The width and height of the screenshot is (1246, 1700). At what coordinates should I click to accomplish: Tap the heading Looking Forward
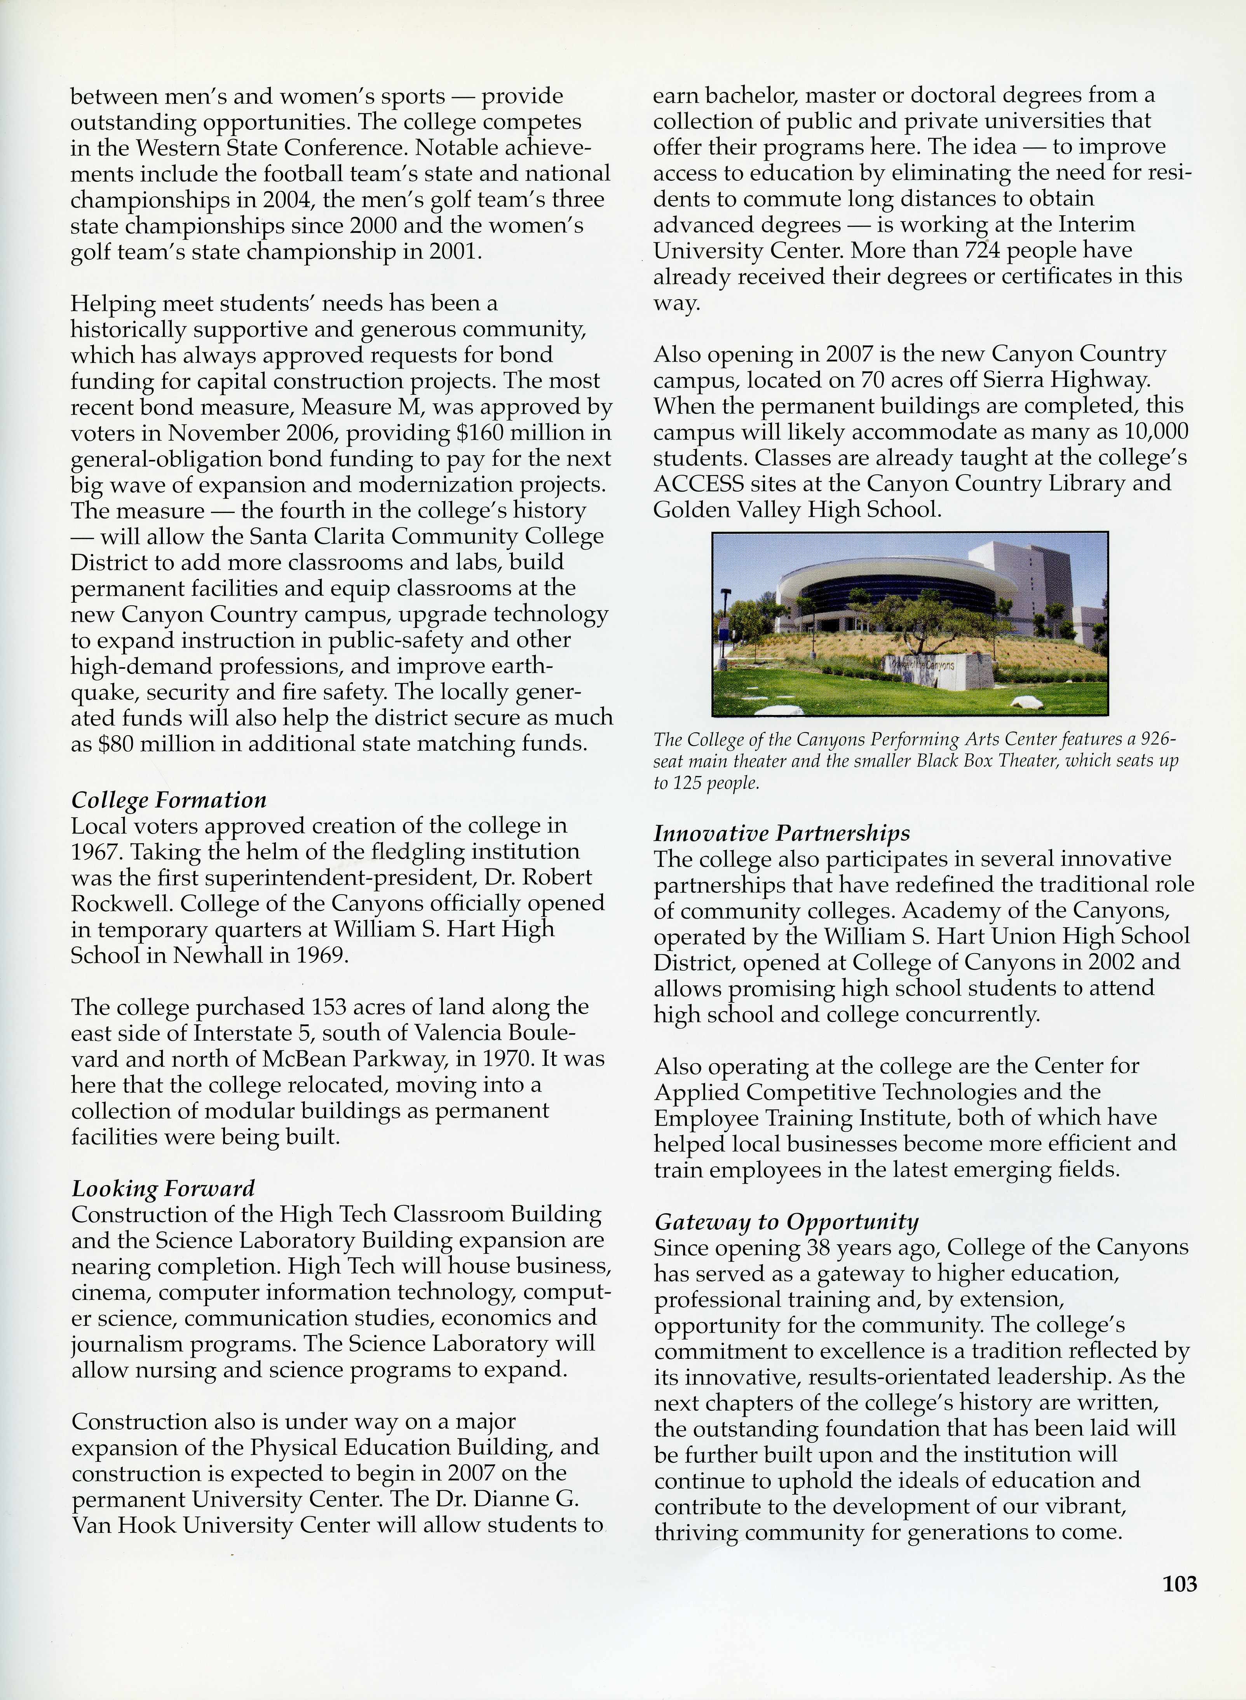click(163, 1189)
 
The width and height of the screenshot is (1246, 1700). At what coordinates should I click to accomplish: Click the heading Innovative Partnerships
click(781, 833)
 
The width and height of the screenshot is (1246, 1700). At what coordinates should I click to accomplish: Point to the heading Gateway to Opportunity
click(786, 1222)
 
